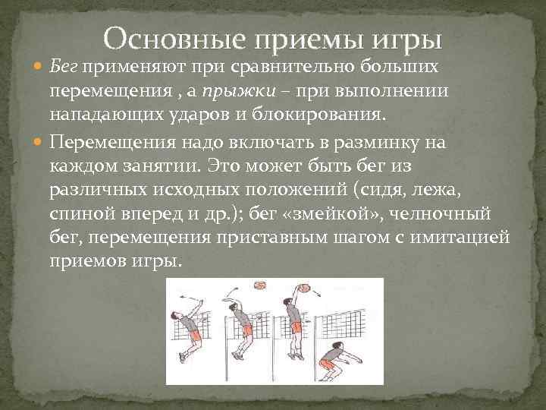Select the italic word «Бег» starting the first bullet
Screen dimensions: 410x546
point(66,69)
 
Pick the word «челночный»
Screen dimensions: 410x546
point(450,214)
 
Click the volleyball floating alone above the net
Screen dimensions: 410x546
point(260,285)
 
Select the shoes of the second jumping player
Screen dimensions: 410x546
point(241,355)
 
